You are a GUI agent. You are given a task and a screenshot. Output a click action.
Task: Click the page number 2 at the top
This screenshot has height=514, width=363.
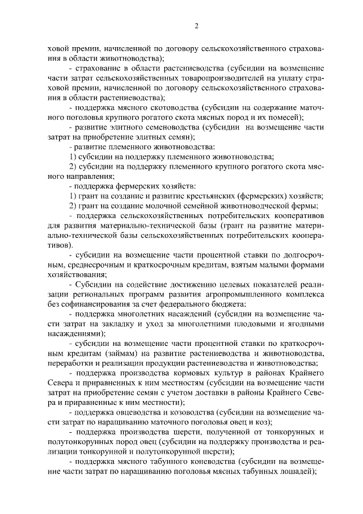196,26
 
